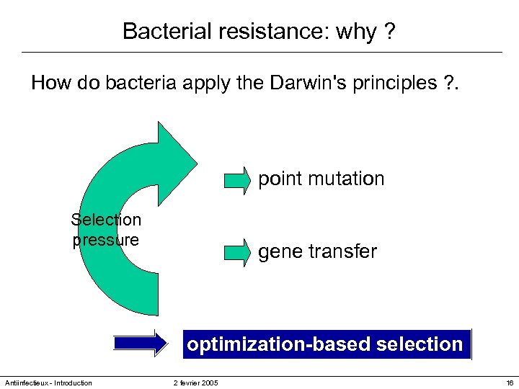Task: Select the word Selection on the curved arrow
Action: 106,219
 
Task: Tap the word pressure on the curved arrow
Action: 106,240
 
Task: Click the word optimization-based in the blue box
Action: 279,344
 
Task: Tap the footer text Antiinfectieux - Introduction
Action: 48,383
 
